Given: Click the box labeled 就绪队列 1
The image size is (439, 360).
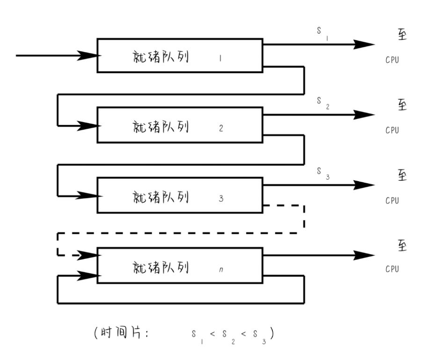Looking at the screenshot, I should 179,56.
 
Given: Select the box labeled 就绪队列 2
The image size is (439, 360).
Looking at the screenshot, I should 179,125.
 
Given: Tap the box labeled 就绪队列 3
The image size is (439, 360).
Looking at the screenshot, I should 179,195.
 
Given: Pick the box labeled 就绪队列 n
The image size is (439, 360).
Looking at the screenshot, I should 179,266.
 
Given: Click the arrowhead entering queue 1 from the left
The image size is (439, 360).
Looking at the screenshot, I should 88,56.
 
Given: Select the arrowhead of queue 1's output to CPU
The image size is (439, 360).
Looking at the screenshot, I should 364,45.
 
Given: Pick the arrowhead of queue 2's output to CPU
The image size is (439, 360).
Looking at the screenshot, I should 364,115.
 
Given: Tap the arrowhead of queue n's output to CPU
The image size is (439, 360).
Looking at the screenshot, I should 364,255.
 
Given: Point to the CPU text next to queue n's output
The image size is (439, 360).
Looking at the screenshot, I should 392,270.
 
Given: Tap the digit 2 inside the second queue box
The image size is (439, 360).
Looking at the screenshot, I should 221,128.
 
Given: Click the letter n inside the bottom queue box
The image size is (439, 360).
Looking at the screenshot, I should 221,270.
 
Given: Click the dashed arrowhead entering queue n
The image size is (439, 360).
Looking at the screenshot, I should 88,255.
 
